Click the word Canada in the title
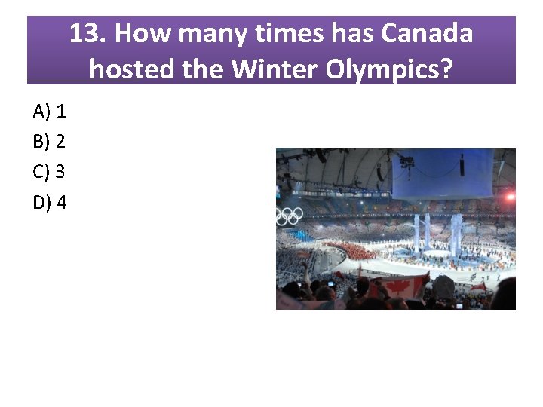[x=428, y=34]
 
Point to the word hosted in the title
[x=133, y=69]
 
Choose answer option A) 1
[x=50, y=112]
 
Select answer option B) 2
[x=50, y=141]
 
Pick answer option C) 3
[x=50, y=171]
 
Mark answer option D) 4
[x=50, y=202]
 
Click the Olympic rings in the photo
[x=289, y=216]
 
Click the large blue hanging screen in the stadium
[x=441, y=173]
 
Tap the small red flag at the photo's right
[x=478, y=286]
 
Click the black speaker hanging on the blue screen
[x=462, y=164]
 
